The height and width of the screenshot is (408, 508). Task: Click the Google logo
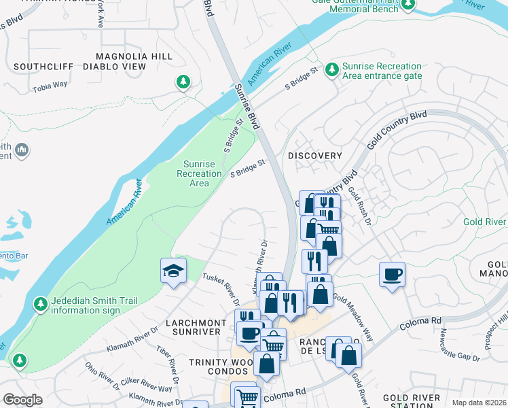point(23,400)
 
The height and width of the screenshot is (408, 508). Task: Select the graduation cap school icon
point(173,271)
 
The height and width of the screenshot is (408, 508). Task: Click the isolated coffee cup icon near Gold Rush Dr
point(392,275)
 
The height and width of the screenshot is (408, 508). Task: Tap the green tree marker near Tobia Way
point(183,82)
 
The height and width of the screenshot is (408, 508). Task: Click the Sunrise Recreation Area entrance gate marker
point(332,69)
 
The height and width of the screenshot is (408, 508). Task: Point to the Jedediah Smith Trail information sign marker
point(41,303)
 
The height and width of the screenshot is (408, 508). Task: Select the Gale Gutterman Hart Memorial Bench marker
point(407,6)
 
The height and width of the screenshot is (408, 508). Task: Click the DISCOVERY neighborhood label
point(315,156)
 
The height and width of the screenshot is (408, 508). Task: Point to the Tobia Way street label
point(50,85)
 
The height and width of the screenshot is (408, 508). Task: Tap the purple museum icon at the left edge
point(21,149)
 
